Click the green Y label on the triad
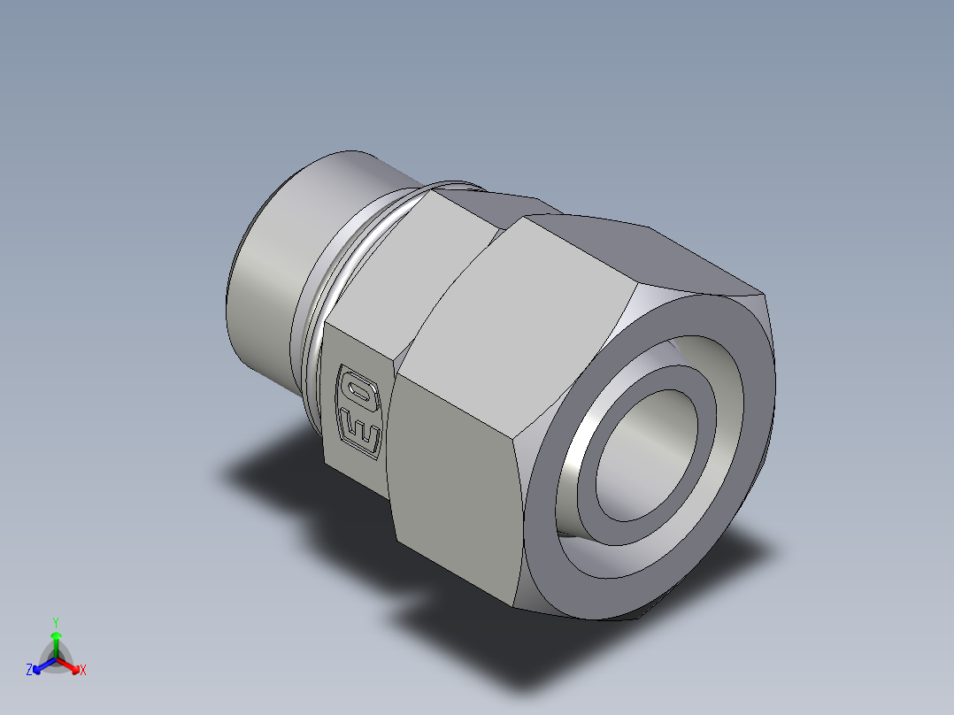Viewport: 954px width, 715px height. point(55,621)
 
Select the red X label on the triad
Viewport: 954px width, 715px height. point(82,671)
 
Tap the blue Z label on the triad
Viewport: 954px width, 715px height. point(29,671)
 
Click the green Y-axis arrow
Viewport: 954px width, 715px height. point(55,641)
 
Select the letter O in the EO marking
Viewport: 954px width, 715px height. point(360,391)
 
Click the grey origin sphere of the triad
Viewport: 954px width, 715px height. point(55,660)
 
